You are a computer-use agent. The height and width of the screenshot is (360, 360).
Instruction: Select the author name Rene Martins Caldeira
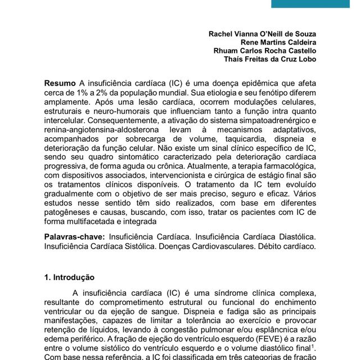click(x=278, y=42)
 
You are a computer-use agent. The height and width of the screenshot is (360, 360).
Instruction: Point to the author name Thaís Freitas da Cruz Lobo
click(x=269, y=59)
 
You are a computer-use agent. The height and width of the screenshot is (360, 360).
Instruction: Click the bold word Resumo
click(x=60, y=83)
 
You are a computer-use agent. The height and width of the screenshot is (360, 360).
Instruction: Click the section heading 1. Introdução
click(x=69, y=277)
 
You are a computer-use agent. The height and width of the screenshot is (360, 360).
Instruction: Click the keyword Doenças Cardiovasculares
click(x=210, y=246)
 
